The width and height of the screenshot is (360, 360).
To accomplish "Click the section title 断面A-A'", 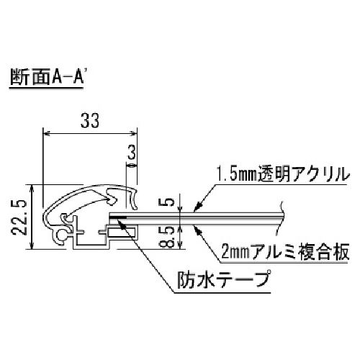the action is click(x=47, y=77).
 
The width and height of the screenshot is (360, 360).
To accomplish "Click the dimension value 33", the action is click(x=90, y=121).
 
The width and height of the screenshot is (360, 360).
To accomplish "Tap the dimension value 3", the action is click(x=132, y=153).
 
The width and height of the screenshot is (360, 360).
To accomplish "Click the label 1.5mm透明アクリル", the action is click(x=282, y=174).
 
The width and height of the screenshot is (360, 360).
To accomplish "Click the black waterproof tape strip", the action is click(x=118, y=217).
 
